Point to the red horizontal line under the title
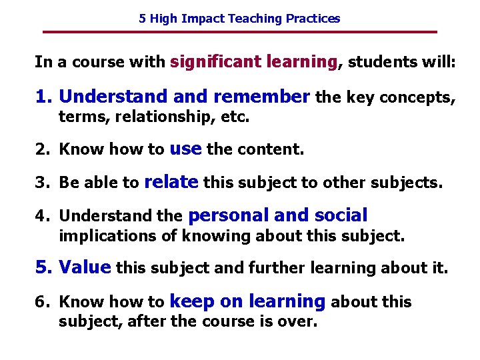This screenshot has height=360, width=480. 239,32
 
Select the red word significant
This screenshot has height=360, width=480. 216,63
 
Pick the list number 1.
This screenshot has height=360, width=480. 43,97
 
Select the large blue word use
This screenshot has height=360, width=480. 185,149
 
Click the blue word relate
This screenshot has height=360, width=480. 171,182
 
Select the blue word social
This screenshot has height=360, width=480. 341,215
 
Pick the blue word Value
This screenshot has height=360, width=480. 84,268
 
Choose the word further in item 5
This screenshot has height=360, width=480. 272,268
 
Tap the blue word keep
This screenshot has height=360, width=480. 193,302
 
